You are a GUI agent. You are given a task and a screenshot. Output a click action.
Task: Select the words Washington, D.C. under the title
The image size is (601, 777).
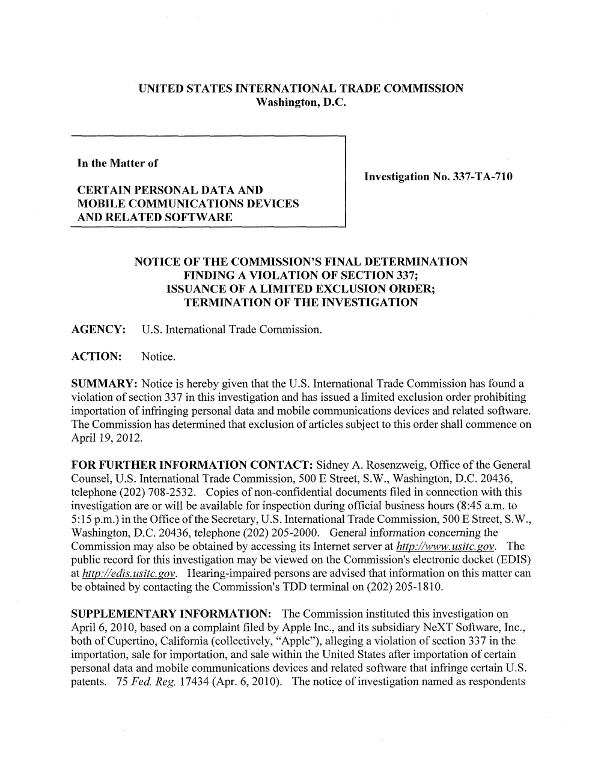(301, 103)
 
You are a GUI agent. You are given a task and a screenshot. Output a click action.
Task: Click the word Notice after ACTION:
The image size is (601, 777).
(159, 357)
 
